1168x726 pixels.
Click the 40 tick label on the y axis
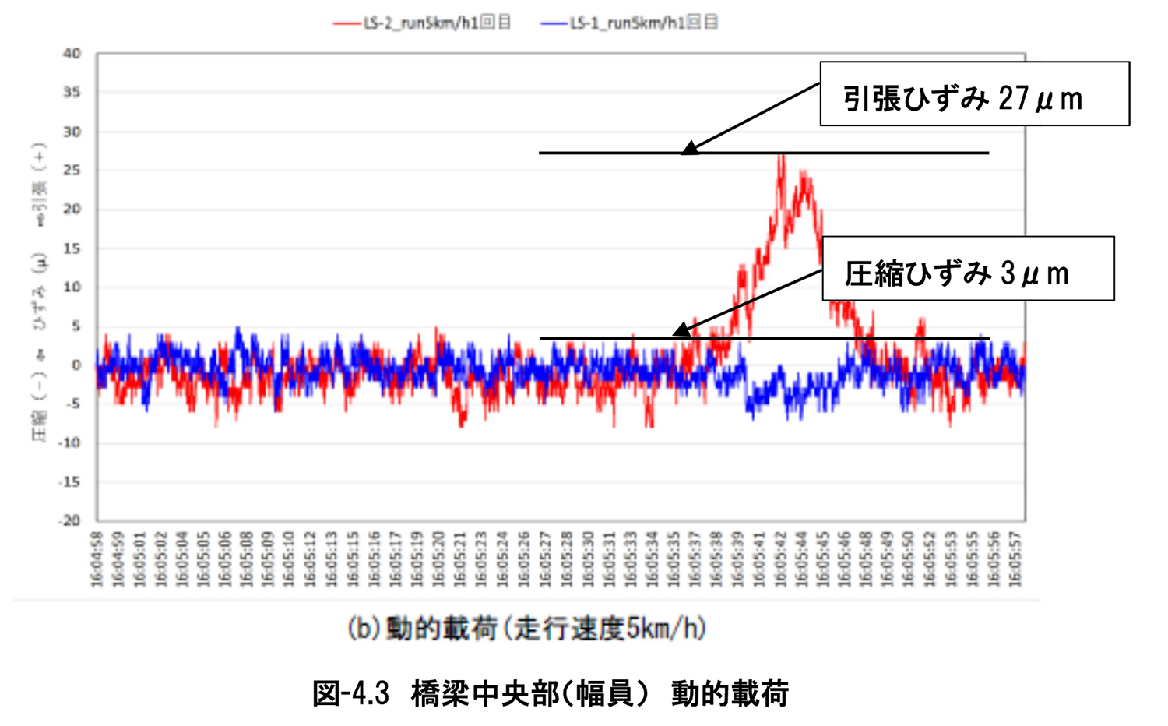pos(72,54)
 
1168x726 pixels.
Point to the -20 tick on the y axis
pos(70,520)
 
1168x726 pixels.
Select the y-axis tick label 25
pos(72,171)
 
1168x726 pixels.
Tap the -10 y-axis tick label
pos(70,442)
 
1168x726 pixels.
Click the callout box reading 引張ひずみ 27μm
pos(974,94)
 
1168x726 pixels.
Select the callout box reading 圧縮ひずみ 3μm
pos(968,269)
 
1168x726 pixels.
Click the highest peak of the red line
pos(781,156)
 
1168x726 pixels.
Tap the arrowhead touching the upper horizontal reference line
pos(688,149)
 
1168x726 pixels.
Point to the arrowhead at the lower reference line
pos(680,331)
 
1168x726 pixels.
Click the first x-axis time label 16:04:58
pos(97,559)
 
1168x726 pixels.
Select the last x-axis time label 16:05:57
pos(1015,559)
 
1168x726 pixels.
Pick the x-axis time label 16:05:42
pos(781,559)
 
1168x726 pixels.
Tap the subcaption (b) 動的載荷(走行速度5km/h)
pos(526,628)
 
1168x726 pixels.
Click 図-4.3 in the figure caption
pos(350,693)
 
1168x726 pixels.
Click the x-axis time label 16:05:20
pos(439,559)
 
